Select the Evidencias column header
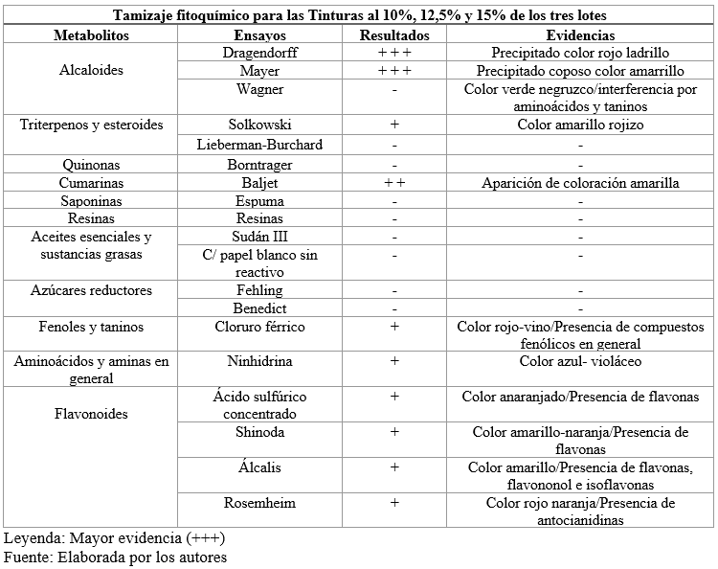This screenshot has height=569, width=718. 580,34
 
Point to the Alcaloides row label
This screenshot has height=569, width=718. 90,71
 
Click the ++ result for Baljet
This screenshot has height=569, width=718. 394,182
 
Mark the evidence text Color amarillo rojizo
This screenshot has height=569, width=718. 580,125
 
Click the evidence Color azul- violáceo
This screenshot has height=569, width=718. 580,362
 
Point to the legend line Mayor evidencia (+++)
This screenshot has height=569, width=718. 115,537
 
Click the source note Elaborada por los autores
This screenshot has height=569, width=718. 115,557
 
